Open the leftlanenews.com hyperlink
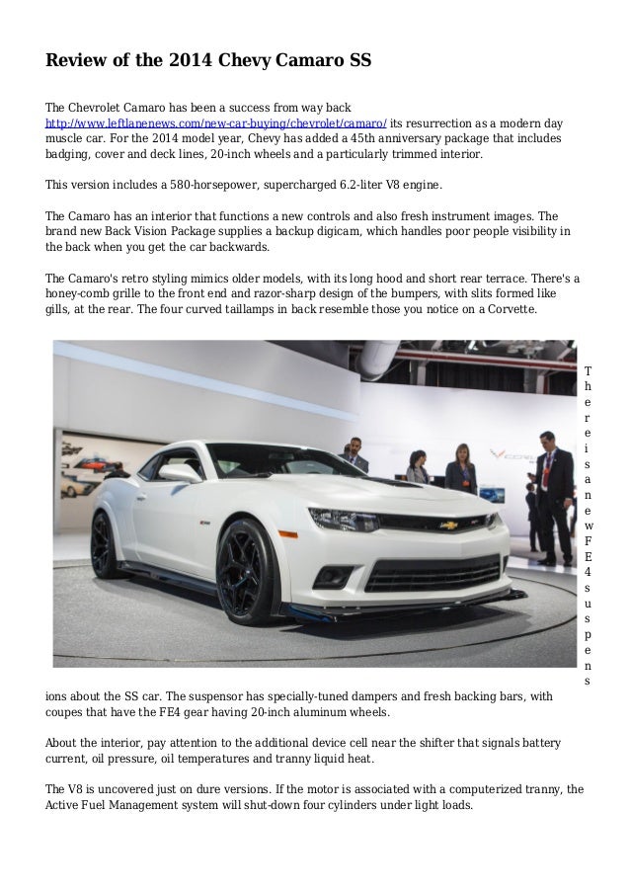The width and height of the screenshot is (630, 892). (x=216, y=122)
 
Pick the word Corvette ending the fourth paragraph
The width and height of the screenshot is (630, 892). (x=507, y=308)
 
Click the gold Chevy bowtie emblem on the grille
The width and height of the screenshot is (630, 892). (x=449, y=526)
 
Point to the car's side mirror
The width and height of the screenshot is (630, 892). (x=181, y=472)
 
